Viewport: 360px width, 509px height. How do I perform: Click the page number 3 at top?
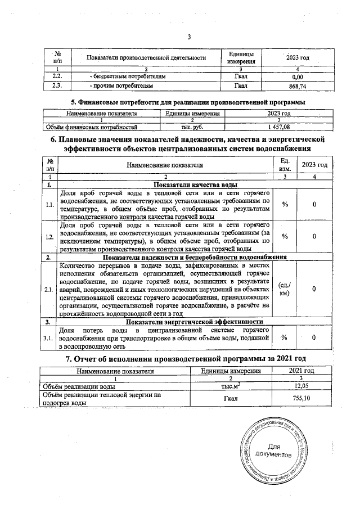tap(189, 37)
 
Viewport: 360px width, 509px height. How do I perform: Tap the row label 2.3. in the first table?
tap(57, 86)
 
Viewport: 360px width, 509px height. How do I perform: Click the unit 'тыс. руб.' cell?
tap(192, 128)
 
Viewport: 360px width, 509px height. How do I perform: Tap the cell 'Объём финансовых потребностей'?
tap(91, 128)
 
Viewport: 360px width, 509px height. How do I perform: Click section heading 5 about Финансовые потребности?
tap(188, 102)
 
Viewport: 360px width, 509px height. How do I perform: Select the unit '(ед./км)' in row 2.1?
tap(284, 289)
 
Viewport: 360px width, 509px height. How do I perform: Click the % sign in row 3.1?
tap(285, 338)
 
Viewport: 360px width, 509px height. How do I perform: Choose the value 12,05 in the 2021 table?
tap(301, 387)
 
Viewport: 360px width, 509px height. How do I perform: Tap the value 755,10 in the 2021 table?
tap(301, 398)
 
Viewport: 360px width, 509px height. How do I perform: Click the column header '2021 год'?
tap(301, 371)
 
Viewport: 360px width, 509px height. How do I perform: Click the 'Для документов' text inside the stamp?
tap(273, 450)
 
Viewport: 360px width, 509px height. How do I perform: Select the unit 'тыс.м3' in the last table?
tap(231, 387)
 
